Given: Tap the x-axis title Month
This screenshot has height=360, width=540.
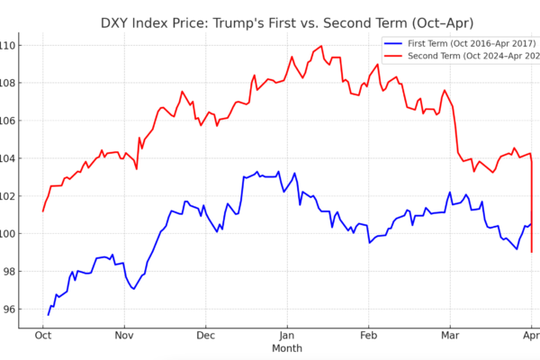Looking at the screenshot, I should pyautogui.click(x=288, y=347).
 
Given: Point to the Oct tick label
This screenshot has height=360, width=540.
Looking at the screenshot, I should pyautogui.click(x=42, y=335).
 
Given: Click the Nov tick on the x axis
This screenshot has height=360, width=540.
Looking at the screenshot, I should pyautogui.click(x=124, y=335).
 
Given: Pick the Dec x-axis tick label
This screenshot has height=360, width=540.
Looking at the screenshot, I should pyautogui.click(x=206, y=335).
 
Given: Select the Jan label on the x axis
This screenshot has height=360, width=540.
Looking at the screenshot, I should pyautogui.click(x=288, y=335).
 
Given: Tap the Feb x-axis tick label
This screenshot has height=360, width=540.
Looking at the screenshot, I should pyautogui.click(x=368, y=335).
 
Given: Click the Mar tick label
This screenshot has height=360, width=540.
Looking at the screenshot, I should pyautogui.click(x=450, y=335).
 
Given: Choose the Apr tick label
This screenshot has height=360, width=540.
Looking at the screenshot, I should pyautogui.click(x=531, y=335).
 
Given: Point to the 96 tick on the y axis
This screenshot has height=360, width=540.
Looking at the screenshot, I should pyautogui.click(x=9, y=309).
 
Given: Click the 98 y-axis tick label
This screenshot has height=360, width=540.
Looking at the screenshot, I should pyautogui.click(x=9, y=271).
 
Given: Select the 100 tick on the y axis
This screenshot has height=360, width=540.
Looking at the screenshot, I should pyautogui.click(x=7, y=234).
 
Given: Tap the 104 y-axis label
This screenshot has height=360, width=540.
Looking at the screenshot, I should pyautogui.click(x=7, y=158).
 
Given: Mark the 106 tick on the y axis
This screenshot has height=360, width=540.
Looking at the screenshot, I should pyautogui.click(x=7, y=121).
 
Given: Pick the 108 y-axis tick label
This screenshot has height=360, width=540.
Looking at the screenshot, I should pyautogui.click(x=7, y=83).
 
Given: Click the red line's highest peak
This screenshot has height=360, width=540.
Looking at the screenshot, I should pyautogui.click(x=321, y=46).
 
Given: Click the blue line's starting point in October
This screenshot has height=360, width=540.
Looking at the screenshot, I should pyautogui.click(x=49, y=314).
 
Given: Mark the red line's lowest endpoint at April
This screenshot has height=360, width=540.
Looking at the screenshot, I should pyautogui.click(x=532, y=251).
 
